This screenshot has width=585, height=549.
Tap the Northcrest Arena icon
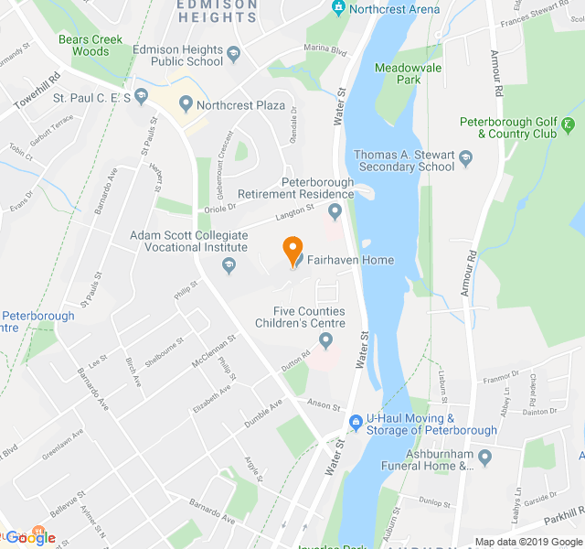point(339,9)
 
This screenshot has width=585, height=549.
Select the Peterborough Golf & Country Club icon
point(569,125)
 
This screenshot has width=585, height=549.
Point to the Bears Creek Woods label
point(84,46)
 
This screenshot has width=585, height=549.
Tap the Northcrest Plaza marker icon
point(186,104)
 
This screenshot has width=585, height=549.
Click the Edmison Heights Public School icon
point(233,54)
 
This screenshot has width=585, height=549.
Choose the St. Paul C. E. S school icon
point(141,96)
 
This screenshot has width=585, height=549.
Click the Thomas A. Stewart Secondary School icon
point(466,159)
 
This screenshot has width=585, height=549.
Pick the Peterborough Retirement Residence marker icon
point(335,212)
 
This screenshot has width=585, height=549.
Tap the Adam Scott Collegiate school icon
point(229,265)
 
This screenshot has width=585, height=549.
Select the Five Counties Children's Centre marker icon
point(325,342)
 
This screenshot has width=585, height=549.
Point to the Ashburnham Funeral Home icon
point(484,457)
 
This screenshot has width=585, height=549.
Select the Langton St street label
point(285,216)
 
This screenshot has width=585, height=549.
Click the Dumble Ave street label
point(263,414)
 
